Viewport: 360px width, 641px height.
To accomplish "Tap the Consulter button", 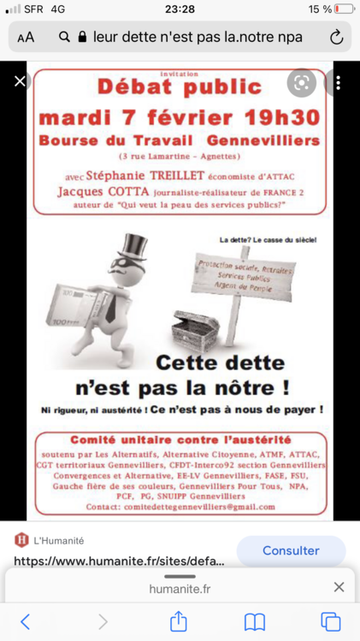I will (x=291, y=551).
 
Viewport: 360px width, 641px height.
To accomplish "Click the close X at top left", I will (x=21, y=82).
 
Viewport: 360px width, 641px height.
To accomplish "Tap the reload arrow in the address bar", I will (x=336, y=38).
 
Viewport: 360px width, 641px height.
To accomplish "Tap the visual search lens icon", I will (x=301, y=82).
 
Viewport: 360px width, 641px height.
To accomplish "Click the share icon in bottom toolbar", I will (x=179, y=621).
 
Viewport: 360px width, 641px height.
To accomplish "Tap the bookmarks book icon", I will (x=255, y=621).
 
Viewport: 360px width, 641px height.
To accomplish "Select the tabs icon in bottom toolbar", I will (x=330, y=621).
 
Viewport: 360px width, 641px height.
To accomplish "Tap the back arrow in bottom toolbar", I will (x=26, y=621).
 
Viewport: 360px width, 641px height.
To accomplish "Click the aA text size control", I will (x=26, y=38).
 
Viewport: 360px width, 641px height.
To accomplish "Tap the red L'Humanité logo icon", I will (x=22, y=539).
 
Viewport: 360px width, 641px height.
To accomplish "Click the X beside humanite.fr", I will (x=339, y=587).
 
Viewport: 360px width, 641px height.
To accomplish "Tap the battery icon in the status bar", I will (x=344, y=9).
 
